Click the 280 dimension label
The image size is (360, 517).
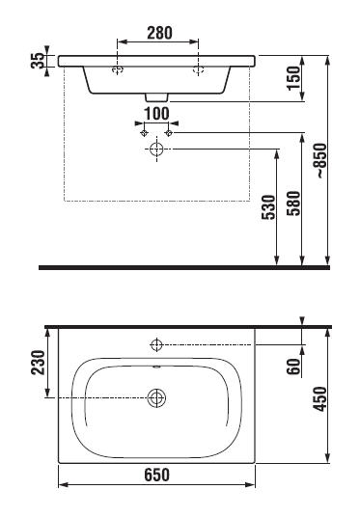tap(159, 33)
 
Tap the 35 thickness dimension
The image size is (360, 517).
tap(38, 61)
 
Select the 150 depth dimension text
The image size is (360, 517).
tap(293, 78)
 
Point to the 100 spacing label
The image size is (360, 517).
tap(156, 114)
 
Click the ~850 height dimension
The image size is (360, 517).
tap(321, 160)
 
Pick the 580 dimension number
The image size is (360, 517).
tap(293, 204)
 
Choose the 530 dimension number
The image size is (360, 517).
tap(268, 207)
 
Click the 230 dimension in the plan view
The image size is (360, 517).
tap(38, 363)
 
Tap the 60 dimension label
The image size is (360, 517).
tap(293, 367)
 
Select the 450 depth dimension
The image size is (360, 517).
tap(319, 399)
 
